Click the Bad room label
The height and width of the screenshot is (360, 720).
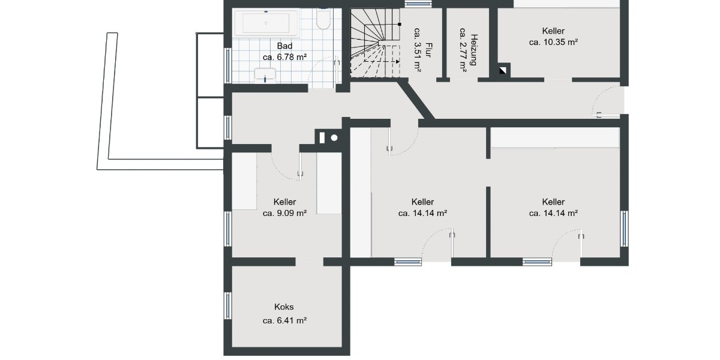point(284,46)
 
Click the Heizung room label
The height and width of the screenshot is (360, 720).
point(473,47)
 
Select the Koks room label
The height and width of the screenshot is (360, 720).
point(284,307)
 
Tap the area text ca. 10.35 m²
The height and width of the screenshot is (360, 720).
point(553,43)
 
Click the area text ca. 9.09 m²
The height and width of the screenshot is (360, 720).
point(284,213)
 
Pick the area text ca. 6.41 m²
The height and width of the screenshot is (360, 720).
point(284,321)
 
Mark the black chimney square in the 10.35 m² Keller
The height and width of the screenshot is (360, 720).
point(502,71)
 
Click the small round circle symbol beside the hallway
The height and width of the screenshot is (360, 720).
point(334,137)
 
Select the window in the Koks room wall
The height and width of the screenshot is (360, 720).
point(227,305)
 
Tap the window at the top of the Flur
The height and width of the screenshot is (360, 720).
point(418,3)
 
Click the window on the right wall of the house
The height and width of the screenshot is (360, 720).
point(625,229)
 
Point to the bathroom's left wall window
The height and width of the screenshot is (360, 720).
point(227,64)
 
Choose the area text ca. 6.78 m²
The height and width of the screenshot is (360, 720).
point(284,58)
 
